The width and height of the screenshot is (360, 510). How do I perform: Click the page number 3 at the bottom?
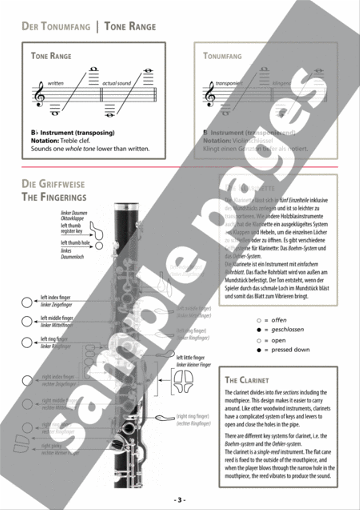pos(180,500)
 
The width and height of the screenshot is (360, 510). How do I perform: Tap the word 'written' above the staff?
pos(56,83)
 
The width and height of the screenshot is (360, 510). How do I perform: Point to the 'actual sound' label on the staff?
pos(116,83)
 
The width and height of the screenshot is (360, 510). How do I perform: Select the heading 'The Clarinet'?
pos(247,380)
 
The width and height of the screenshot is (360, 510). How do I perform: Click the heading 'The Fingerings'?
pos(54,197)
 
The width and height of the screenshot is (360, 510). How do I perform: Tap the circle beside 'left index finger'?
pos(27,303)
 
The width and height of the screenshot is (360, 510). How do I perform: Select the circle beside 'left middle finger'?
pos(27,321)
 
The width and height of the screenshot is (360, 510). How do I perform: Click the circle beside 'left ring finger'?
pos(27,342)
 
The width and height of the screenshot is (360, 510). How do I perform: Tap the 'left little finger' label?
pos(190,357)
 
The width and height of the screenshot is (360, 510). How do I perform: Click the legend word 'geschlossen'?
pos(287,329)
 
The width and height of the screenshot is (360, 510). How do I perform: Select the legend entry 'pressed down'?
pos(290,349)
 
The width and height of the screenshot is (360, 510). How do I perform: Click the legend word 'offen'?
pos(279,320)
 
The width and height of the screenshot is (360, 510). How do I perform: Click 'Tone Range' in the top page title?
pos(130,27)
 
